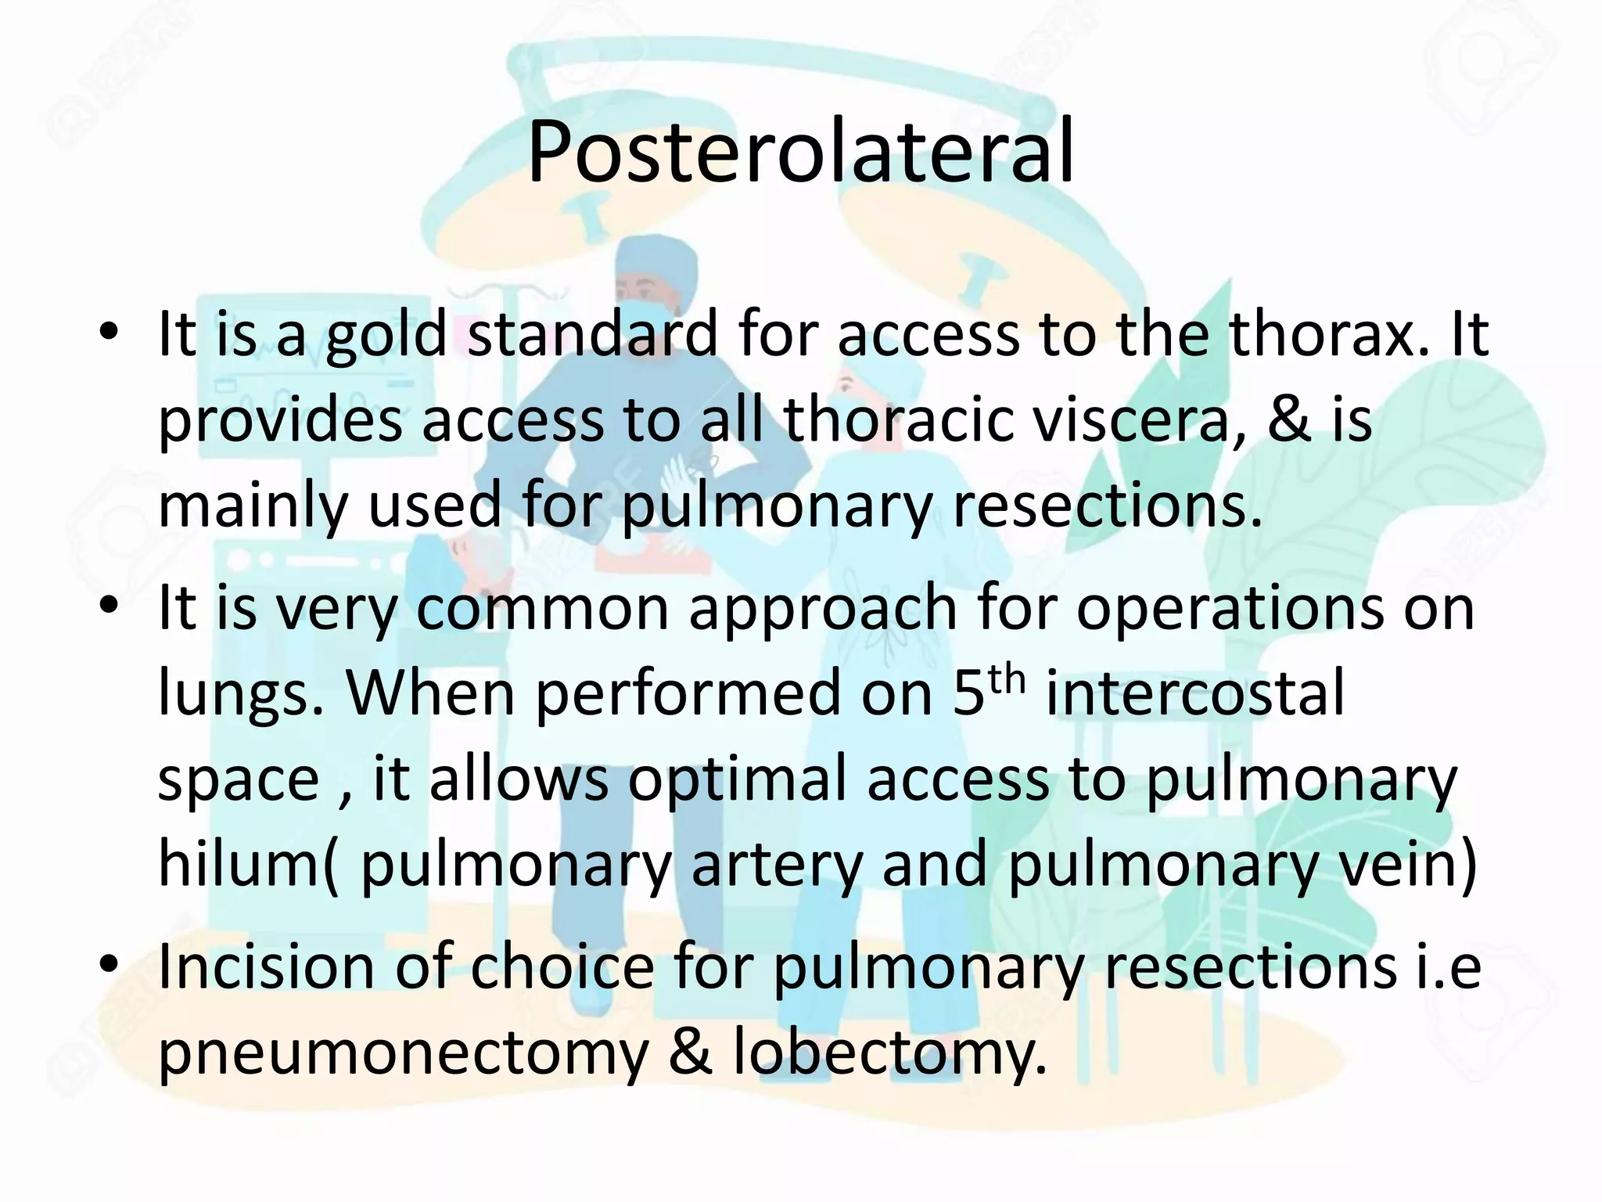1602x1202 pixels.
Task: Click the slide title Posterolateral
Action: pos(800,153)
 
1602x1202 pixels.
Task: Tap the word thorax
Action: pos(1334,334)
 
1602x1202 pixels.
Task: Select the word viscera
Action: pos(1126,420)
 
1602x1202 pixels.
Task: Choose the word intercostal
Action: pos(1194,693)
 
